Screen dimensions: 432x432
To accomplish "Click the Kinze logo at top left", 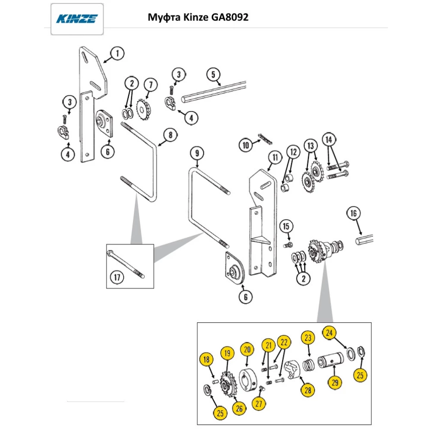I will tap(77, 19).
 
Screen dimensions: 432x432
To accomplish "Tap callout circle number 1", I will tap(117, 54).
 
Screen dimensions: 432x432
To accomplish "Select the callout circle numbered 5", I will tap(213, 74).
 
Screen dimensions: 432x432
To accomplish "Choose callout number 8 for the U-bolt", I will tap(170, 135).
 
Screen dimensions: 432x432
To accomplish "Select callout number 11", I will tap(274, 157).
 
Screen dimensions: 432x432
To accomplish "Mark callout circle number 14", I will tap(329, 140).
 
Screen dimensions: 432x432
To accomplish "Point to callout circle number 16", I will tap(353, 213).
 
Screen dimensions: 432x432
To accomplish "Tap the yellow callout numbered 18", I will tap(206, 359).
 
